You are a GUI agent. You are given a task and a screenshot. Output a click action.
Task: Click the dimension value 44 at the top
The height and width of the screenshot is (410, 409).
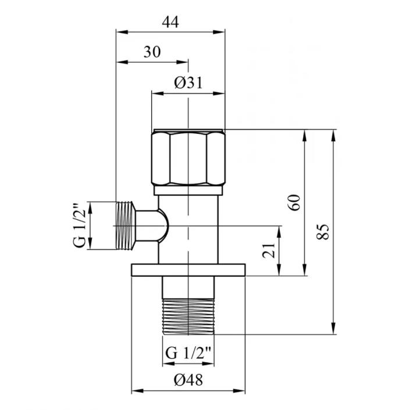170,22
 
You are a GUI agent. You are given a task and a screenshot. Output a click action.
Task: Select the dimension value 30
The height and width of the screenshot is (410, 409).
152,52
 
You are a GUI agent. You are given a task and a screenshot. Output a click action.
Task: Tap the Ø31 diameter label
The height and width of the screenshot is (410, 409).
189,83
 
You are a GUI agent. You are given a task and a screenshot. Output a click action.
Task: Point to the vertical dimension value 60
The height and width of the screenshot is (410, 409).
294,202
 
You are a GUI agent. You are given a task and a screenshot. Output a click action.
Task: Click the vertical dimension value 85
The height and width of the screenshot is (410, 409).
323,231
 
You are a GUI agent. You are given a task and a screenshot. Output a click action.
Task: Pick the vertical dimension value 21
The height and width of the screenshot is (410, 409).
269,250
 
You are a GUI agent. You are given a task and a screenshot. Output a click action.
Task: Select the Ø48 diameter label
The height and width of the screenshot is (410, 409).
189,380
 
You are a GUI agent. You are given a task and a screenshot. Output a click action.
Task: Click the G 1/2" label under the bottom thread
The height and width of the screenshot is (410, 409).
189,353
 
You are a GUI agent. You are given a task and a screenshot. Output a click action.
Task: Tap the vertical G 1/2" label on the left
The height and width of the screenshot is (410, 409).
79,225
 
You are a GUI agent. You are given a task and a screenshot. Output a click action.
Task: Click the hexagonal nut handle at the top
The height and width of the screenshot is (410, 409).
189,158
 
